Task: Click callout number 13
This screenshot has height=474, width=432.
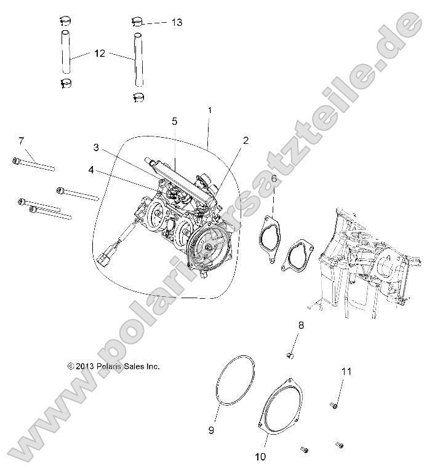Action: click(x=177, y=23)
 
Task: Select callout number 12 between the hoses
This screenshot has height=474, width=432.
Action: click(x=100, y=54)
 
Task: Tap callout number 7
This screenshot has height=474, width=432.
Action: click(x=21, y=141)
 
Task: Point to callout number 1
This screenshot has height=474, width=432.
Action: click(x=210, y=111)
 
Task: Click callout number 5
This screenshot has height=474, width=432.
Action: click(x=174, y=121)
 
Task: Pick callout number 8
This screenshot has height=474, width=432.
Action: click(x=301, y=325)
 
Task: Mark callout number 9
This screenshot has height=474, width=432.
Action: click(x=211, y=430)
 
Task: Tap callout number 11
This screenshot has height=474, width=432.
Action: click(x=346, y=371)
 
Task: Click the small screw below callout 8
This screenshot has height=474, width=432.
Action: click(x=290, y=355)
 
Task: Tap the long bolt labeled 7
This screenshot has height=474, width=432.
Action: click(x=34, y=164)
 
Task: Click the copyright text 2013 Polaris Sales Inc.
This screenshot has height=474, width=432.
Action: click(x=114, y=366)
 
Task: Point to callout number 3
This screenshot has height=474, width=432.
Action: click(x=97, y=148)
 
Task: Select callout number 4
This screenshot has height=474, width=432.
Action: click(x=91, y=170)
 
